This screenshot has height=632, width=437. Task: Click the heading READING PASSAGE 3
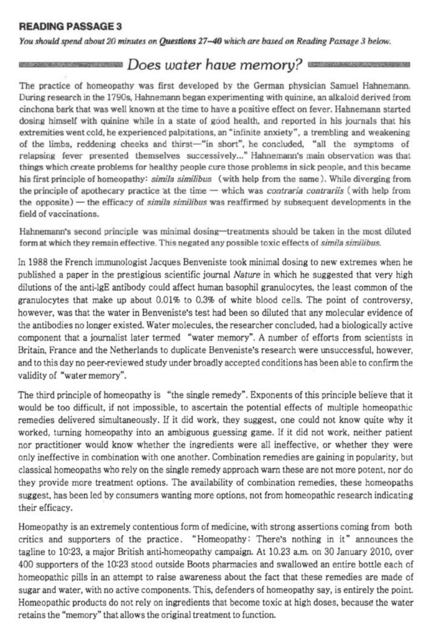pos(71,26)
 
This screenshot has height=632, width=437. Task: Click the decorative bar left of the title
pos(70,64)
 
